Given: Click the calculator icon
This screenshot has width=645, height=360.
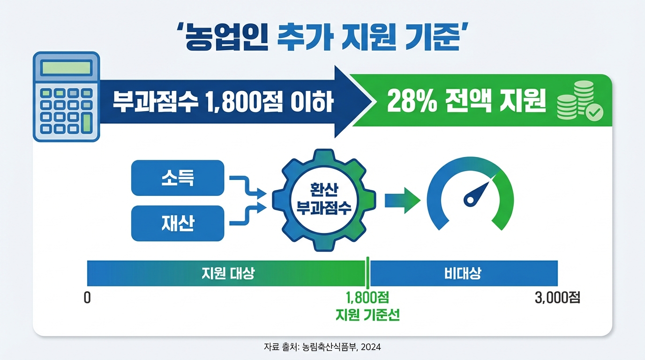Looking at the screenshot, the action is (x=66, y=97).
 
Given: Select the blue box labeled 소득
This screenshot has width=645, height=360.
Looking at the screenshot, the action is (x=178, y=178).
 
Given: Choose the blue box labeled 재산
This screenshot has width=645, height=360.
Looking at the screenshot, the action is (x=178, y=223).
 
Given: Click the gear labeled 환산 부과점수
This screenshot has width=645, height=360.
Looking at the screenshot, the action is (x=323, y=199).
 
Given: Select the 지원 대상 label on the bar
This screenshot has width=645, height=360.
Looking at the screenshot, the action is (x=228, y=273).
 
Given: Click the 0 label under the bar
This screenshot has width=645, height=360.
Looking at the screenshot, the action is (x=87, y=298).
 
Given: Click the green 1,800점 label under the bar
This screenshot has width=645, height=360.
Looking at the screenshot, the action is (x=367, y=298).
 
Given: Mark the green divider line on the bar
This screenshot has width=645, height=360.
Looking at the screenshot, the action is (x=368, y=273).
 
